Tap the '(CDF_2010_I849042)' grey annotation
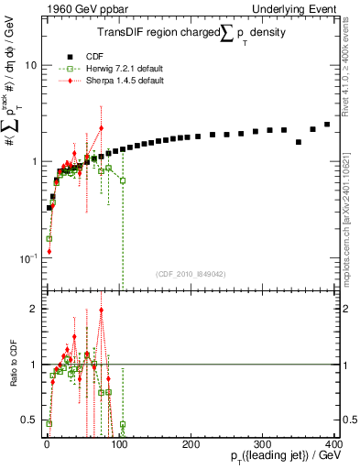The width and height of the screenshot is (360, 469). pyautogui.click(x=191, y=273)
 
